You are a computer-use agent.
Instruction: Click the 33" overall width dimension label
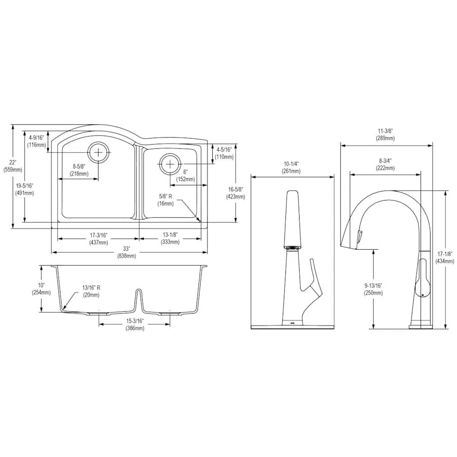coord(126,252)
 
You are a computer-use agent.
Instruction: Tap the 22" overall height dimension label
coord(13,166)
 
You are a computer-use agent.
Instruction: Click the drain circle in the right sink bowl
coord(170,164)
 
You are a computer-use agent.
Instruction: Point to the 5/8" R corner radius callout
coord(165,200)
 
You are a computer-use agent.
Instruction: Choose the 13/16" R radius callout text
coord(91,291)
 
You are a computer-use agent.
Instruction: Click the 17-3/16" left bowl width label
coord(99,239)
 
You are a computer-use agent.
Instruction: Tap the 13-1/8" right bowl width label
coord(170,238)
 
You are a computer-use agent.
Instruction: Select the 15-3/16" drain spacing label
coord(135,324)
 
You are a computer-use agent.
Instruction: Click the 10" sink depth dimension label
coord(41,288)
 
